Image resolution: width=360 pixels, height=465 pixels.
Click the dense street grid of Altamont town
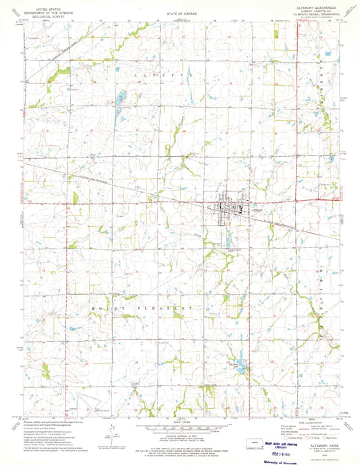click(x=222, y=207)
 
